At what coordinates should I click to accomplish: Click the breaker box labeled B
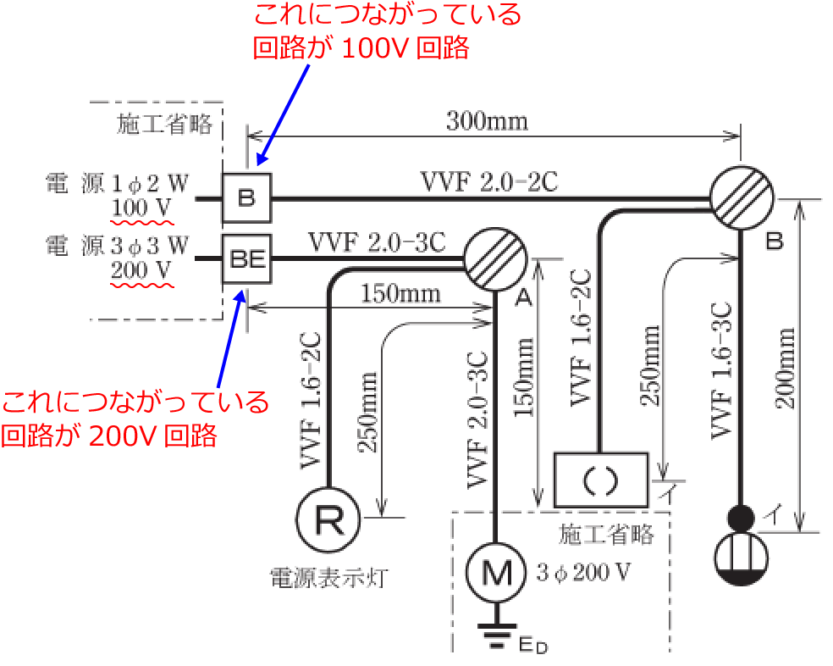click(x=246, y=198)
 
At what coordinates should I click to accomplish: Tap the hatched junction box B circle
click(x=740, y=199)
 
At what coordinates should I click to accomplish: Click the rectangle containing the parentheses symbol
click(x=600, y=480)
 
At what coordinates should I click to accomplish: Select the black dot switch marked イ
click(x=741, y=516)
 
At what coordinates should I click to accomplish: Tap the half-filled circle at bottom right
click(x=741, y=562)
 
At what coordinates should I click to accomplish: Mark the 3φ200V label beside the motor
click(x=583, y=572)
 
